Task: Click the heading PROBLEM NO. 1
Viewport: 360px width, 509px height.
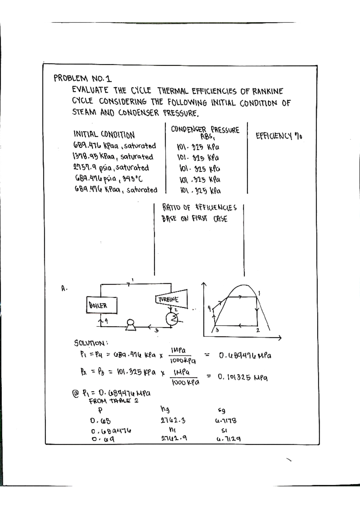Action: point(82,79)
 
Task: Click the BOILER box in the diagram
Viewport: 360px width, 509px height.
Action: point(101,305)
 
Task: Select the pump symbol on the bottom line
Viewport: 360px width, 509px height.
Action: point(130,325)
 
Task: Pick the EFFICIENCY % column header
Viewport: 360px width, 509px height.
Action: point(279,136)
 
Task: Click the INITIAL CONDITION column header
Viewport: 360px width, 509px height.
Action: point(104,134)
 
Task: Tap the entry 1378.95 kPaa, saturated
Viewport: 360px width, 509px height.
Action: point(112,157)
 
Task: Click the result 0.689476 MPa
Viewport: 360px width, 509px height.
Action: point(245,356)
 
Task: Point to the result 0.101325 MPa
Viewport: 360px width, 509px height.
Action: point(243,377)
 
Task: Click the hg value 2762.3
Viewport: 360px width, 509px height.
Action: point(173,421)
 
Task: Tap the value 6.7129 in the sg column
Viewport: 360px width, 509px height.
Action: point(228,439)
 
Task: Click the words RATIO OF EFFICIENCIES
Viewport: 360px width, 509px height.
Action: point(199,207)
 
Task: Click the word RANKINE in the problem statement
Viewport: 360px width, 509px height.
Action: point(267,91)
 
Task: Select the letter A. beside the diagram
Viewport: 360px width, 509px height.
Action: point(64,289)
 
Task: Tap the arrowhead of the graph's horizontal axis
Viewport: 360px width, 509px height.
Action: point(280,338)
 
